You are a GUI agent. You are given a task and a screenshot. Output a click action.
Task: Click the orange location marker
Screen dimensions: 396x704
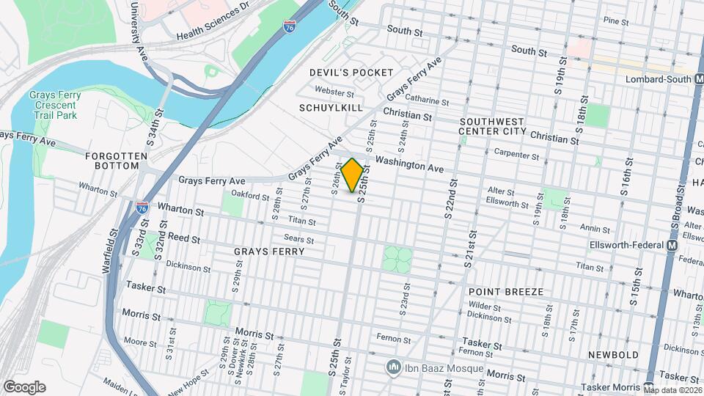tap(353, 175)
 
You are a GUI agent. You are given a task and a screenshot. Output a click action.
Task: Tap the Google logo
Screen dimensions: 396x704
tap(24, 387)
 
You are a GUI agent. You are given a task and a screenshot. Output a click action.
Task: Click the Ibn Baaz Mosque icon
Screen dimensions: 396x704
tap(394, 367)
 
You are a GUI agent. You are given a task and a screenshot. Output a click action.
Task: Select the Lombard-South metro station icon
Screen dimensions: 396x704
tap(697, 78)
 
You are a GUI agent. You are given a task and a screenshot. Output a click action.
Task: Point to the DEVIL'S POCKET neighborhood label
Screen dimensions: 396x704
tap(351, 73)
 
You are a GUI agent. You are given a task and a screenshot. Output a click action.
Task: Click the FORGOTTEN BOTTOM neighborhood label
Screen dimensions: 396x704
tap(111, 161)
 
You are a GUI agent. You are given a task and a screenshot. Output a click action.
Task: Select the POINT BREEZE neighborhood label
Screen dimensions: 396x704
tap(506, 292)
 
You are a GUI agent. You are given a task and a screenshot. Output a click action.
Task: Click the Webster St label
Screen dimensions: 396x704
tap(334, 92)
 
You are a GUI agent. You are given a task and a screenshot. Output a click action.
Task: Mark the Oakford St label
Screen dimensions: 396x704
tap(246, 194)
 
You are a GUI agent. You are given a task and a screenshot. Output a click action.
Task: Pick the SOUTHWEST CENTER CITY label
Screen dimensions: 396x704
tap(491, 126)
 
